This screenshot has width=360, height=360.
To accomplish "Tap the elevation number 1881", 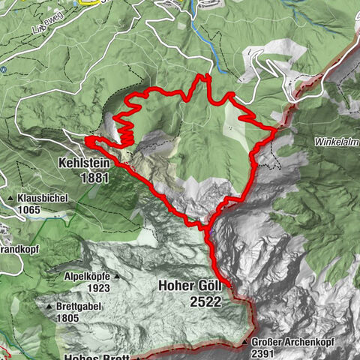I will click(x=97, y=178).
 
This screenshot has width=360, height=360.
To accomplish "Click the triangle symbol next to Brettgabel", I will click(x=48, y=307).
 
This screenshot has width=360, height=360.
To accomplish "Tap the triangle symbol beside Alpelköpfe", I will click(x=118, y=277).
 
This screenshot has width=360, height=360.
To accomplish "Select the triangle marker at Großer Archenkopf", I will click(x=245, y=343).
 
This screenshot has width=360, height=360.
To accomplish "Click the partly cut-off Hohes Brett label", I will click(x=97, y=357).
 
